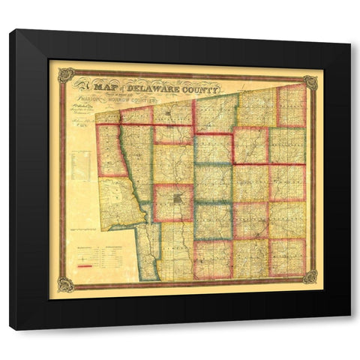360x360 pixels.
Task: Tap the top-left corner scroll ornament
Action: (67, 76)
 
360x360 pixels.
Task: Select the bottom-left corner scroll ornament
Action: (67, 283)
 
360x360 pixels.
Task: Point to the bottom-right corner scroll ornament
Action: (310, 277)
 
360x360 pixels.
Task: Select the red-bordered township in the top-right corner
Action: (292, 105)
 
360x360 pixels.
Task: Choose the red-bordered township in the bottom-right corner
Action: (288, 257)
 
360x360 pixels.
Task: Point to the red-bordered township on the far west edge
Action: (111, 150)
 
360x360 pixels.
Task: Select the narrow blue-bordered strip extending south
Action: (148, 251)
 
